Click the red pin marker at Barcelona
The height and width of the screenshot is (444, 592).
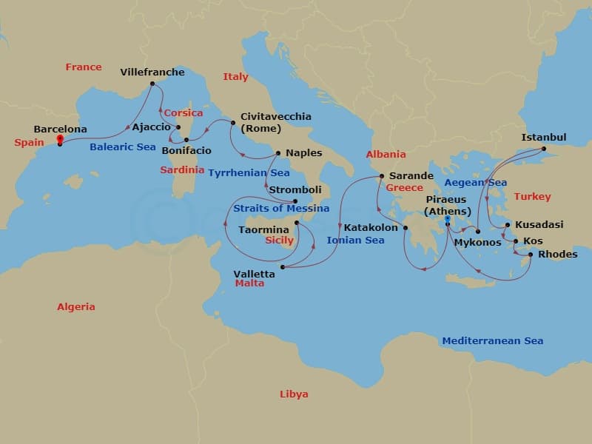(x=60, y=138)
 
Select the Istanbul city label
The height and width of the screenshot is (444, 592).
(x=544, y=138)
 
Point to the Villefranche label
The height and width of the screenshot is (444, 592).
(x=152, y=73)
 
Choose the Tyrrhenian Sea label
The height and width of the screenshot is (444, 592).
(x=249, y=173)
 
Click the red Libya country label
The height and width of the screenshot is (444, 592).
(x=294, y=394)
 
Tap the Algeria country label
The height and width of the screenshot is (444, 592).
(x=76, y=306)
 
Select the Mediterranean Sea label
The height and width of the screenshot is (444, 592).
(x=492, y=341)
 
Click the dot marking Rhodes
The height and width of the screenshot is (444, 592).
(x=531, y=255)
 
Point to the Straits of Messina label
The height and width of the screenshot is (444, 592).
(x=281, y=209)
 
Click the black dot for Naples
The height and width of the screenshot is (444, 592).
(x=277, y=153)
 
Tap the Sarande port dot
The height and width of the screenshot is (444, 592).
(x=381, y=176)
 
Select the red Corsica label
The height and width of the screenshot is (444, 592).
(x=183, y=113)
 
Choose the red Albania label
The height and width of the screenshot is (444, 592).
(x=386, y=155)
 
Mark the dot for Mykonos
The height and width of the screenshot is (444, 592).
(x=477, y=232)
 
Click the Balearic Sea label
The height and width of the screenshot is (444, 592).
(x=123, y=147)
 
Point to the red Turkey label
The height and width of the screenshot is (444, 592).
(x=532, y=197)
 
